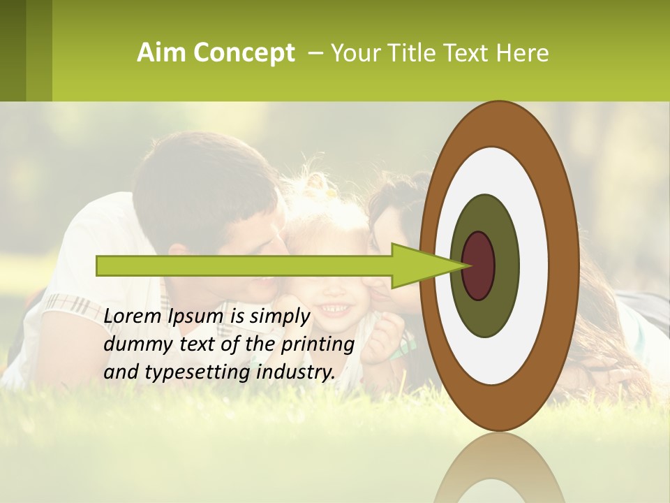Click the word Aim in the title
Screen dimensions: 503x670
(162, 53)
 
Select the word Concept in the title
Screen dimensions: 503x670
(244, 53)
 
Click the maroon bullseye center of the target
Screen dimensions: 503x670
(478, 265)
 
